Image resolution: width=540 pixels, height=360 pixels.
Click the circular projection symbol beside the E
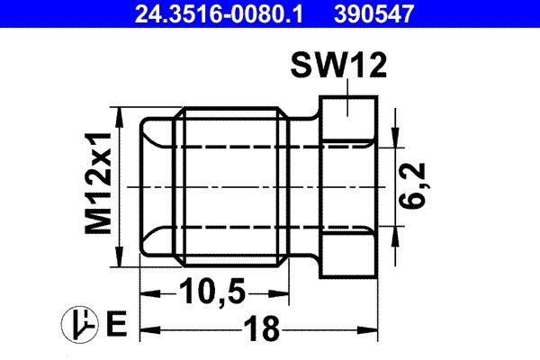click(76, 322)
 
